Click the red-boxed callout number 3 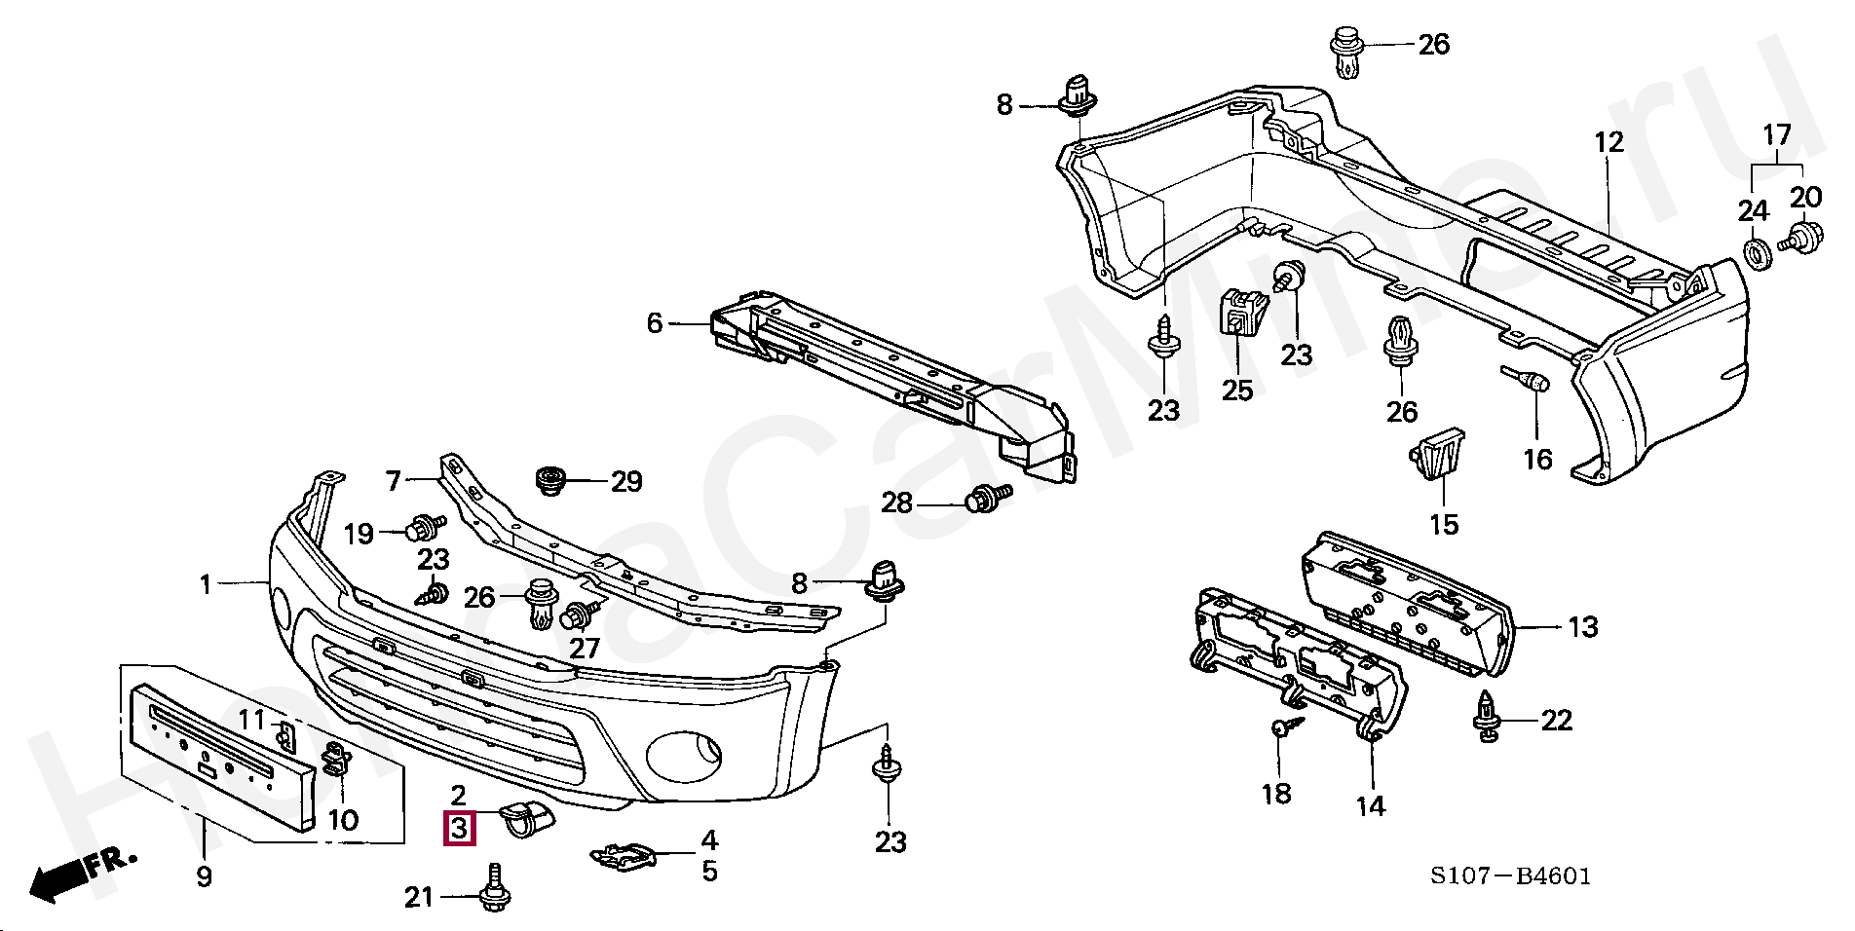tap(459, 829)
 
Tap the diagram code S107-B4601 tap(1510, 876)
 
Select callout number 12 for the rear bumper tap(1609, 142)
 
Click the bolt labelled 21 tap(494, 889)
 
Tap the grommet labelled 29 tap(551, 480)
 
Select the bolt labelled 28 tap(987, 499)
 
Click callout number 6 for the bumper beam tap(655, 323)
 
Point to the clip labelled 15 tap(1437, 454)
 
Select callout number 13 tap(1583, 627)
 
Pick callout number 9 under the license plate tap(204, 876)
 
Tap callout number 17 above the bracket tap(1778, 134)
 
